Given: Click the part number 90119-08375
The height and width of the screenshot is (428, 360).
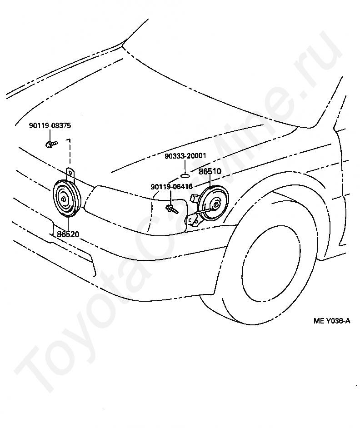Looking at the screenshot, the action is (50, 125).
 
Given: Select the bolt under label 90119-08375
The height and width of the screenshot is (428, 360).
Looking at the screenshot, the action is (51, 144).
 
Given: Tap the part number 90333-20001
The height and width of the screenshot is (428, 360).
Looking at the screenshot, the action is (185, 156).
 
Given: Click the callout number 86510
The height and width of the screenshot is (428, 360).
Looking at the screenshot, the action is (210, 171).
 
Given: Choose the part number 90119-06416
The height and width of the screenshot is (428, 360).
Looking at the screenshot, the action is (171, 187).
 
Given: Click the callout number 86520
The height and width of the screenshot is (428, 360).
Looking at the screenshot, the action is (68, 234).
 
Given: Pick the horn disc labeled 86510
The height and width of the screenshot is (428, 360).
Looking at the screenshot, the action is (213, 204).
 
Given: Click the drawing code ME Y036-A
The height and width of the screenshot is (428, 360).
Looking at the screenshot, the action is (332, 321).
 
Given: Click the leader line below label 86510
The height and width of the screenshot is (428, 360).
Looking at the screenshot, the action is (210, 180).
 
